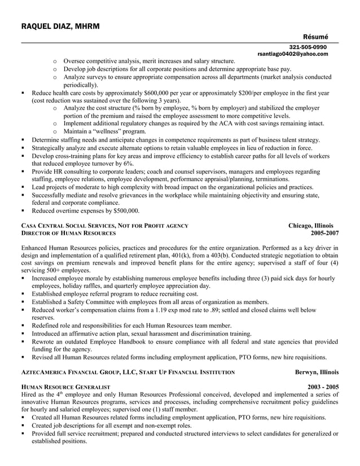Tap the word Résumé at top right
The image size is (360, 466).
coord(315,37)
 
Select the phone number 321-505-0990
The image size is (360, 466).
coord(308,47)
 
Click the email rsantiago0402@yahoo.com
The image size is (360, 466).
coord(292,54)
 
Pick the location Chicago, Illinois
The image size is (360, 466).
coord(311,226)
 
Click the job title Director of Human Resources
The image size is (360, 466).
coord(68,233)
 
